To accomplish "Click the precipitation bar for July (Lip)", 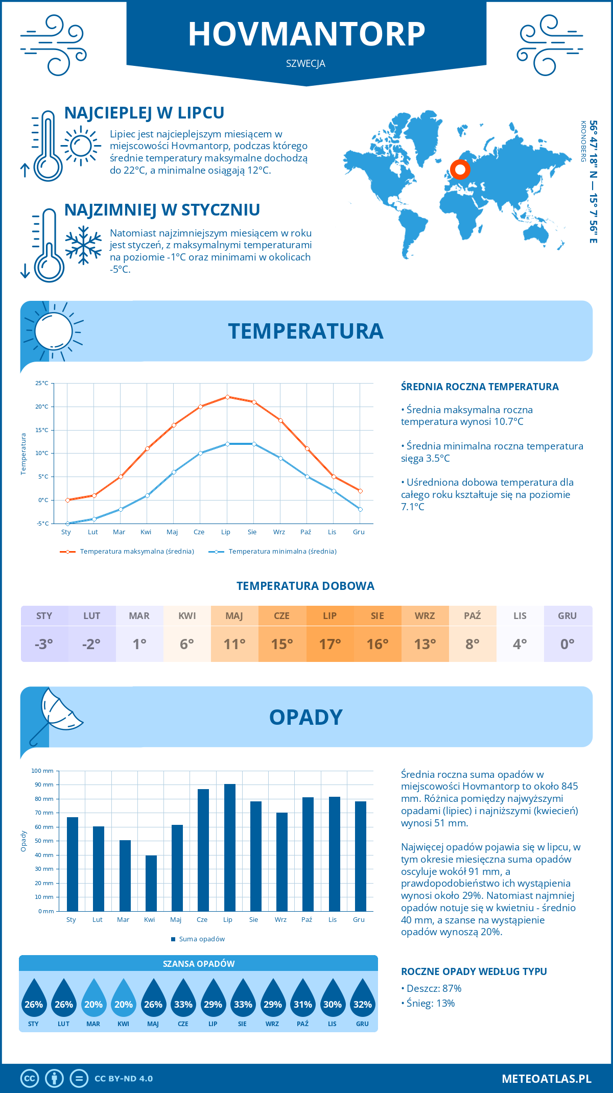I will click(x=230, y=848).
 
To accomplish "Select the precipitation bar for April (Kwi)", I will click(x=151, y=884).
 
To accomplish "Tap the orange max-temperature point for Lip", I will click(x=227, y=397).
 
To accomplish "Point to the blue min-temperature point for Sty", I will click(x=67, y=524).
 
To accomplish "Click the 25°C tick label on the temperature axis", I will click(x=42, y=383).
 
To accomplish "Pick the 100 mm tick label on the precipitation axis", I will click(x=42, y=771).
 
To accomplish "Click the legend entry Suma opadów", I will click(x=202, y=939).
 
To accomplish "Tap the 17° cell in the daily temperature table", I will click(x=330, y=644).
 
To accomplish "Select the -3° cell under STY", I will click(x=44, y=644).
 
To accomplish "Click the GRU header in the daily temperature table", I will click(x=568, y=616).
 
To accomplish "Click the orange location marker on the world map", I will click(x=460, y=169).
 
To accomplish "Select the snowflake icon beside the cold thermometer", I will click(x=83, y=245).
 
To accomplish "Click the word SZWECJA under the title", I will click(x=305, y=64).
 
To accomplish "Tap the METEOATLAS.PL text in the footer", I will click(x=547, y=1079).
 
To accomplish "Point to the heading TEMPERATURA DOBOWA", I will click(x=305, y=586).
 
